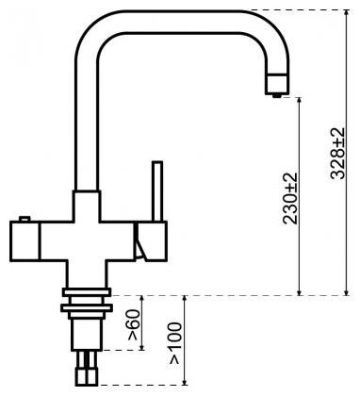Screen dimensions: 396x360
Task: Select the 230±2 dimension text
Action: pyautogui.click(x=290, y=197)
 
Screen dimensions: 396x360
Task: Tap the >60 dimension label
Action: pyautogui.click(x=134, y=326)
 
